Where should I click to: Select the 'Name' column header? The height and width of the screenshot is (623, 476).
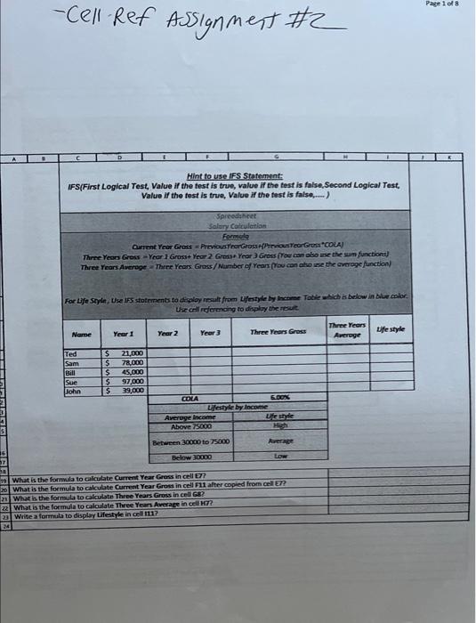pyautogui.click(x=81, y=331)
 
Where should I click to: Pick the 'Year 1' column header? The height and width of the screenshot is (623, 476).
pyautogui.click(x=122, y=331)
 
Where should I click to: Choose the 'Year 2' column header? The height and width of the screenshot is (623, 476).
pyautogui.click(x=168, y=331)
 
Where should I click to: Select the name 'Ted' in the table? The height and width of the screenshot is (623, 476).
pyautogui.click(x=72, y=354)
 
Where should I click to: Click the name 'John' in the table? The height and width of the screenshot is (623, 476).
pyautogui.click(x=74, y=390)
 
